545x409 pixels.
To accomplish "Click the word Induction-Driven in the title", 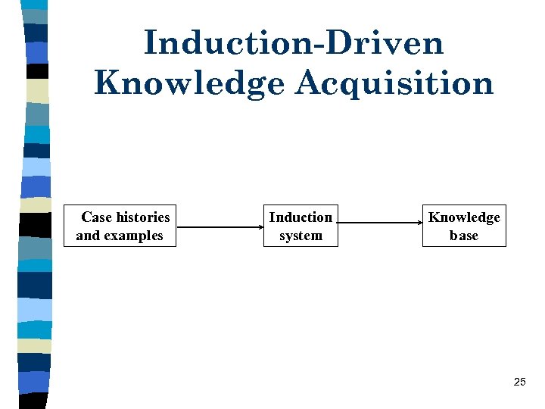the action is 293,42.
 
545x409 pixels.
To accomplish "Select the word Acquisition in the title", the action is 394,83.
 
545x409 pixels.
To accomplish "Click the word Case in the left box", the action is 96,217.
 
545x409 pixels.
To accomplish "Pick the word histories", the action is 142,217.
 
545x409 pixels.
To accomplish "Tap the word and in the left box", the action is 88,236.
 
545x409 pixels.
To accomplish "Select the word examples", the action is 133,236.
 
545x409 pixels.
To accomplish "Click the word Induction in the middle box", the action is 301,217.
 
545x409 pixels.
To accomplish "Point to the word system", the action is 301,236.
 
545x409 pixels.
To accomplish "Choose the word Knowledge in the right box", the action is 464,217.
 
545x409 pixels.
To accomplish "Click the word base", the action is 464,236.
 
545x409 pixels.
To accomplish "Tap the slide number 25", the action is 519,382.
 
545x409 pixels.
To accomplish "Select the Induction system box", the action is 301,226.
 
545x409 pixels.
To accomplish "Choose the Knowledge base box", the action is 464,226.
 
